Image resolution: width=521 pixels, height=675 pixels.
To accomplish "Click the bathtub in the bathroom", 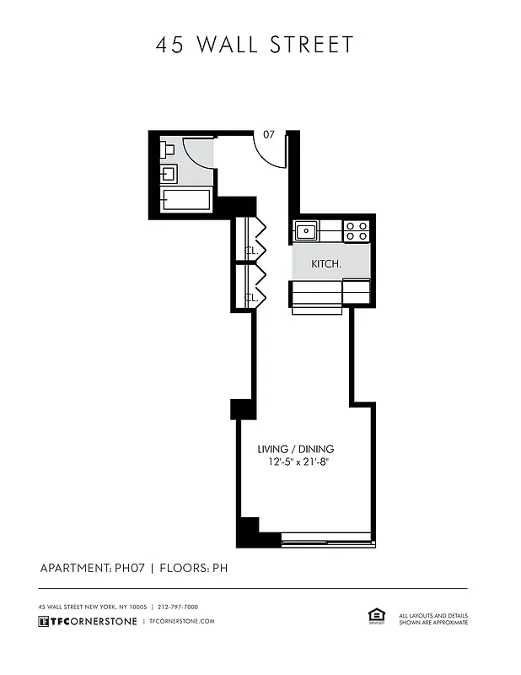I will [185, 202].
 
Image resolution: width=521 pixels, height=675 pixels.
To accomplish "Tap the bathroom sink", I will [168, 175].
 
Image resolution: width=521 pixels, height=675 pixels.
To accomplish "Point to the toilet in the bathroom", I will [167, 150].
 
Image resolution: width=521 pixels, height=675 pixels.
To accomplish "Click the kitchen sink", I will [304, 229].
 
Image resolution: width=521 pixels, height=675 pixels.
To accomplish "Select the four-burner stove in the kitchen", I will [357, 229].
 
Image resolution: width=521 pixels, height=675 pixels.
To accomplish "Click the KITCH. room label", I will [326, 264].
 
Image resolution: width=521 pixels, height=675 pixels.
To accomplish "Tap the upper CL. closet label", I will [250, 251].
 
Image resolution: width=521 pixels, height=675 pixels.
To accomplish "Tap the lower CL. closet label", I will [250, 297].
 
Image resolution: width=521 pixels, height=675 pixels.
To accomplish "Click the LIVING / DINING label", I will [296, 449].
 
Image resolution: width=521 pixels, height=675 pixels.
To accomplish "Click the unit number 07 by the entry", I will [269, 134].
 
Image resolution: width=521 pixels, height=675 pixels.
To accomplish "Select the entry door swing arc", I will [271, 152].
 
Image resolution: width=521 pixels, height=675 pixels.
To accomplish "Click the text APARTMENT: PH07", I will [93, 568].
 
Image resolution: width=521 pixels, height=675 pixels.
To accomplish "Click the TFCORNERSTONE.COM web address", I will [180, 622].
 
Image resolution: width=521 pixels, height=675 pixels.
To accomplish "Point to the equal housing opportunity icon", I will [376, 617].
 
